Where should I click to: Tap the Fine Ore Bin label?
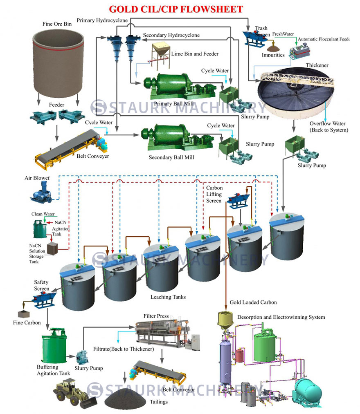tap(57, 24)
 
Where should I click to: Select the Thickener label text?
tap(317, 65)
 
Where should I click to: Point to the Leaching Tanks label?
tap(168, 297)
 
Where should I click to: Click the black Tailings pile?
tap(124, 399)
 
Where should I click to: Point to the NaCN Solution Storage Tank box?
tap(53, 248)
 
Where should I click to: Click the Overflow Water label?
tap(327, 127)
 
